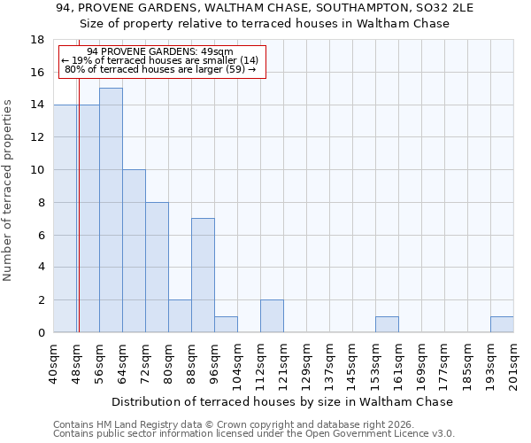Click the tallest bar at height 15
[x=111, y=210]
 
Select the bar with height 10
[x=134, y=251]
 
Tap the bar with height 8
[x=157, y=267]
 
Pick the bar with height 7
[x=203, y=275]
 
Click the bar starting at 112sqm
[x=272, y=316]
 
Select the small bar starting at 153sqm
[x=387, y=324]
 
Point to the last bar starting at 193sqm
[x=502, y=324]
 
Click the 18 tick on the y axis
[x=38, y=40]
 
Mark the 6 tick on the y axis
[x=42, y=235]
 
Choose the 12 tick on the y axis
[x=38, y=137]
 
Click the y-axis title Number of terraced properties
[x=9, y=190]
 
